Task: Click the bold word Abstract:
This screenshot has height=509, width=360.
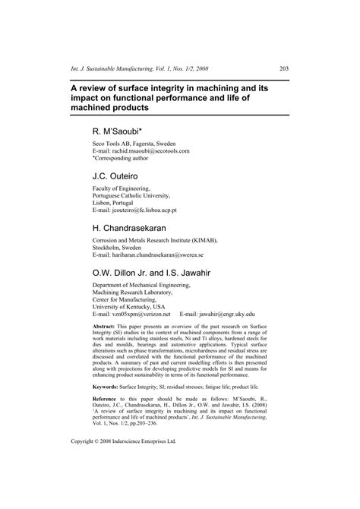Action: [x=105, y=324]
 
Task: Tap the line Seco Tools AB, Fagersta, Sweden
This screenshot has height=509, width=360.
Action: [x=130, y=144]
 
